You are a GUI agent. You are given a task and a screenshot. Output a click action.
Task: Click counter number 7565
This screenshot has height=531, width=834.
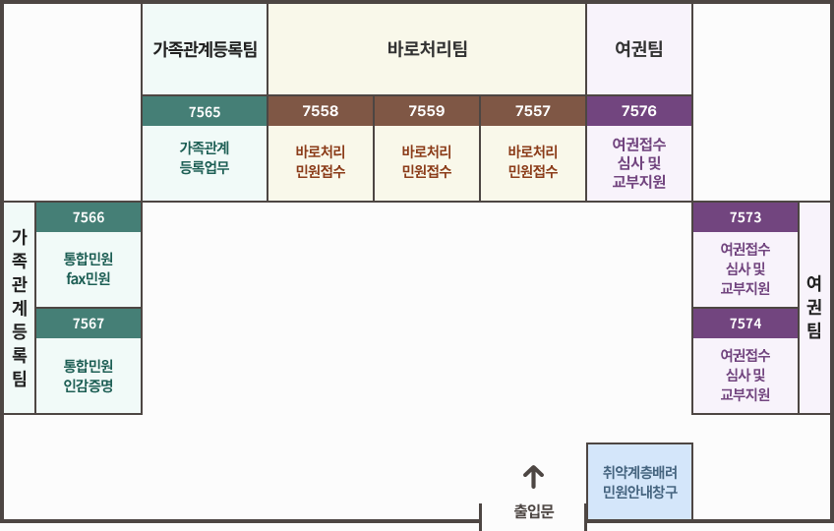tap(205, 111)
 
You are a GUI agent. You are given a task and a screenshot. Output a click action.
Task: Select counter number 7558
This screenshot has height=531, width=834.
tap(321, 111)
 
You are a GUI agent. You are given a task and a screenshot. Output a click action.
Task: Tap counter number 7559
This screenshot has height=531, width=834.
tap(427, 111)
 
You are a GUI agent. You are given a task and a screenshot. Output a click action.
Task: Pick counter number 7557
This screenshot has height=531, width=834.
tap(533, 111)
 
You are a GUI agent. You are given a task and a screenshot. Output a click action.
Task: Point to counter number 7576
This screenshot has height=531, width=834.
tap(639, 111)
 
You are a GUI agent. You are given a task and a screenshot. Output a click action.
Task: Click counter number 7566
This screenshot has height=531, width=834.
tap(89, 217)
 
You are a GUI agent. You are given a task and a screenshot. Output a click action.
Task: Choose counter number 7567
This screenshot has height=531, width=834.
tap(89, 324)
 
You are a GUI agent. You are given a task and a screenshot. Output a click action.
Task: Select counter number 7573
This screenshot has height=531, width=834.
tap(745, 217)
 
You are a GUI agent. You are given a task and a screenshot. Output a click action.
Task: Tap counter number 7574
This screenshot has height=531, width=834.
tap(745, 324)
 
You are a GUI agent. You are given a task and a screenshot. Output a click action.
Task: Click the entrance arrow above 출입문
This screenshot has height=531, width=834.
tap(533, 477)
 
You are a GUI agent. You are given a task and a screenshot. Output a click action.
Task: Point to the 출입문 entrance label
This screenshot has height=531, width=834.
tap(533, 511)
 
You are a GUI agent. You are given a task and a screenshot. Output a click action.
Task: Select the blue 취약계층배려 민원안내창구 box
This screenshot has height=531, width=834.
tap(639, 482)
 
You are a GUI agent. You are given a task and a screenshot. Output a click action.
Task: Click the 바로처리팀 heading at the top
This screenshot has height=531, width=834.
tap(427, 49)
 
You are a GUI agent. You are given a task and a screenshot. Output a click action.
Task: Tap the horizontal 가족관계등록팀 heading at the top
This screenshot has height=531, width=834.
tap(205, 49)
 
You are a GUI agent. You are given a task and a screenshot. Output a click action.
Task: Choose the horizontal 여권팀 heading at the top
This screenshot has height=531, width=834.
tap(639, 49)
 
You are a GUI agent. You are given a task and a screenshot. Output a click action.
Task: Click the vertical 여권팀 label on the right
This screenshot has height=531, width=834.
tap(814, 307)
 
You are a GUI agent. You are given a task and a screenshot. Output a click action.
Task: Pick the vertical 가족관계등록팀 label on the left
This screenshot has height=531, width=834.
tap(20, 307)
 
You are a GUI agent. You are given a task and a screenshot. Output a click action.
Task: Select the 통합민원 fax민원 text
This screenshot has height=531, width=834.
tap(89, 268)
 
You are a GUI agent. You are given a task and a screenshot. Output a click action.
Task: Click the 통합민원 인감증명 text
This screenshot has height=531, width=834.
tap(89, 375)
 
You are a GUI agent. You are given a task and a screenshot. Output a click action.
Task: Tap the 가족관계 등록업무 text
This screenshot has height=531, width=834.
tap(205, 157)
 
